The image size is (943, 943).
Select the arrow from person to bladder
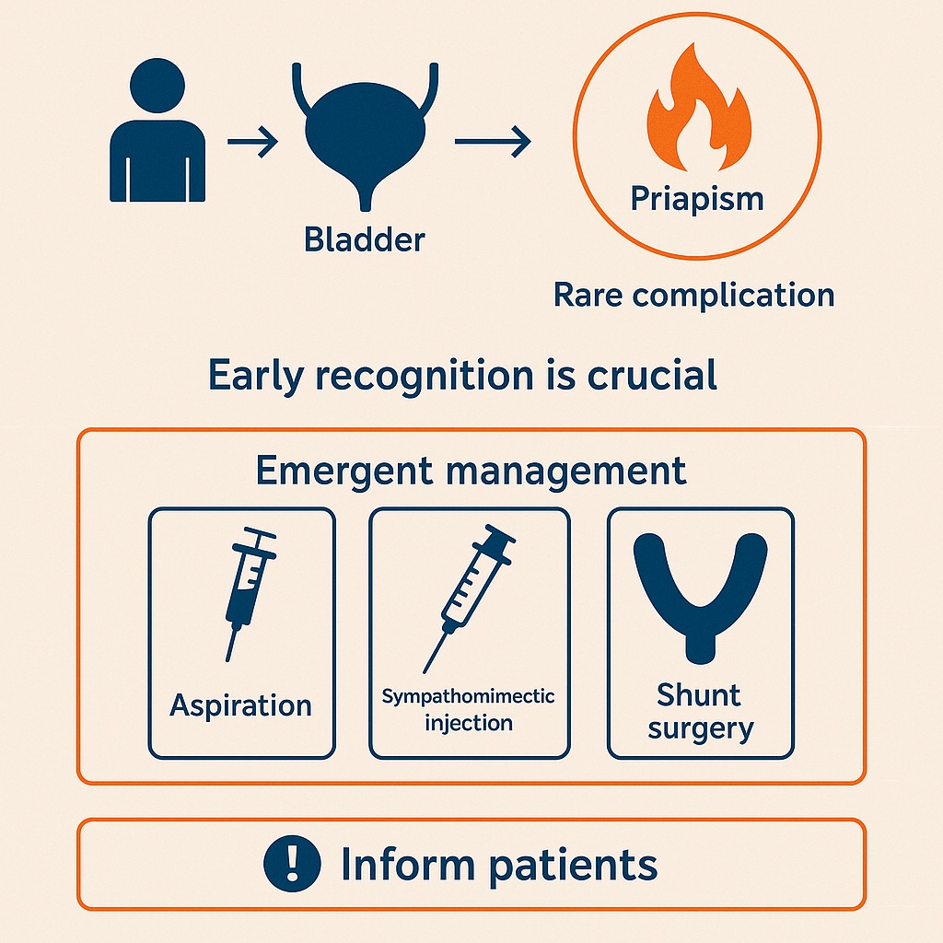[x=252, y=143]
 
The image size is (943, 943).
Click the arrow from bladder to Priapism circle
[x=493, y=143]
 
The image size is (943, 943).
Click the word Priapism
[x=696, y=198]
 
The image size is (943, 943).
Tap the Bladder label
[x=365, y=239]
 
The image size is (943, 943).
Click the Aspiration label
[x=241, y=706]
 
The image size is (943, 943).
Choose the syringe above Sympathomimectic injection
[x=467, y=597]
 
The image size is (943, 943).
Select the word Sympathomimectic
[x=469, y=696]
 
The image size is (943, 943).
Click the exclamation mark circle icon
[x=292, y=865]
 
